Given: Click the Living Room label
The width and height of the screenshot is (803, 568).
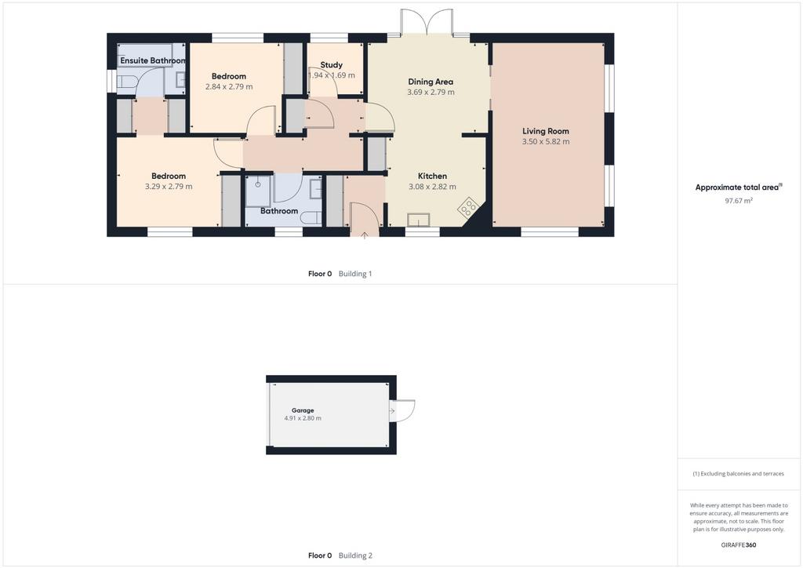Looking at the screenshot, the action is coord(546,131).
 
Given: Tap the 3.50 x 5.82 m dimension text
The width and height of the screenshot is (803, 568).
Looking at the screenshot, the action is coord(546,142).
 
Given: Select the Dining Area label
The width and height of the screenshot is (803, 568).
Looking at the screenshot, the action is coord(431,82).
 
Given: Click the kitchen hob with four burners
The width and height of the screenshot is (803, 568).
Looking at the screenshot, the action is coord(468,207).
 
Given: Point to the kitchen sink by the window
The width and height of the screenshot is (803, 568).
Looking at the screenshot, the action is coord(420,220).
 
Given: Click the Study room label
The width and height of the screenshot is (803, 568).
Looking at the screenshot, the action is coord(332,65).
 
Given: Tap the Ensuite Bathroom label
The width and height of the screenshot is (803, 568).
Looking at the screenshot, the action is coord(153,60).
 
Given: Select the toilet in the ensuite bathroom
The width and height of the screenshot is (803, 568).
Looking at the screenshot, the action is coord(126,82).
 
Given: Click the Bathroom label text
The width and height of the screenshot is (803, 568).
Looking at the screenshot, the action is coord(279,211).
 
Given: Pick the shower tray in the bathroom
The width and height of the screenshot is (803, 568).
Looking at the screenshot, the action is coord(259,190).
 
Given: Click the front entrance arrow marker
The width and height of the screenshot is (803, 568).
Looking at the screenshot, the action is coord(364,235).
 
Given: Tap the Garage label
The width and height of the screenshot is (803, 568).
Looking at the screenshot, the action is coord(303,410).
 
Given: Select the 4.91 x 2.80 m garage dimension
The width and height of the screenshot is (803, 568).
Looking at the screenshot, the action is coord(303,418).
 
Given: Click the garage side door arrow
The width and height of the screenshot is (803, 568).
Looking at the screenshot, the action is coord(392,411).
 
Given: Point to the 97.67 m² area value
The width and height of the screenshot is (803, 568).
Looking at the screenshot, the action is coord(739,201).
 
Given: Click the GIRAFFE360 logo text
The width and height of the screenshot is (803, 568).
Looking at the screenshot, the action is coord(739,545).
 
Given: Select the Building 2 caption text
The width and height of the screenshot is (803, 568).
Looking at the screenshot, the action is coord(355,555).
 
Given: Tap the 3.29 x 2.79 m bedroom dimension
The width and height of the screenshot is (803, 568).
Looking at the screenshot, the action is coord(169,187).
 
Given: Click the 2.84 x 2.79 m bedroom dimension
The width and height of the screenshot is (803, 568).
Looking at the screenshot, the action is coord(229,87).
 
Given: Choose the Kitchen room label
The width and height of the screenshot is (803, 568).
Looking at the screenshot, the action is coord(432,177).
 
